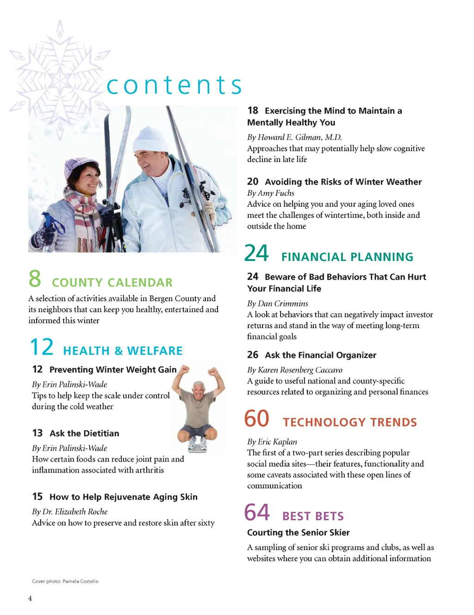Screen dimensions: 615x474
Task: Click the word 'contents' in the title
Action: [174, 85]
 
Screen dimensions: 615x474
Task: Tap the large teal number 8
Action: [35, 279]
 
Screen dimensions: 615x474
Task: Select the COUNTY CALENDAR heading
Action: [112, 282]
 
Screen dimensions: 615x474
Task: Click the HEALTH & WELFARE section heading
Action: [123, 351]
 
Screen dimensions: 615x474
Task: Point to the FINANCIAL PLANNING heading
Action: [347, 257]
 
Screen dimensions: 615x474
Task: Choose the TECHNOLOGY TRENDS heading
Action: [349, 422]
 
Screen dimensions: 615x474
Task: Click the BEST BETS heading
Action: [313, 516]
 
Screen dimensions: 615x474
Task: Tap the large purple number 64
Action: [257, 512]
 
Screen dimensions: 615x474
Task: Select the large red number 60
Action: [256, 419]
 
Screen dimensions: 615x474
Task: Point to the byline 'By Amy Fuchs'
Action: [271, 193]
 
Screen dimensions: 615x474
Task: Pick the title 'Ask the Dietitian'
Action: [84, 433]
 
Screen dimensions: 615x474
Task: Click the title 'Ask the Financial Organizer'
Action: [320, 355]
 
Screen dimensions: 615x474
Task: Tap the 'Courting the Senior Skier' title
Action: [298, 532]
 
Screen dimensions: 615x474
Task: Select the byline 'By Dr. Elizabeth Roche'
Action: [69, 511]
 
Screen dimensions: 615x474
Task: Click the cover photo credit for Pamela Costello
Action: [65, 581]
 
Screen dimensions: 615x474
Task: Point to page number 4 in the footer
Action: [30, 598]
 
